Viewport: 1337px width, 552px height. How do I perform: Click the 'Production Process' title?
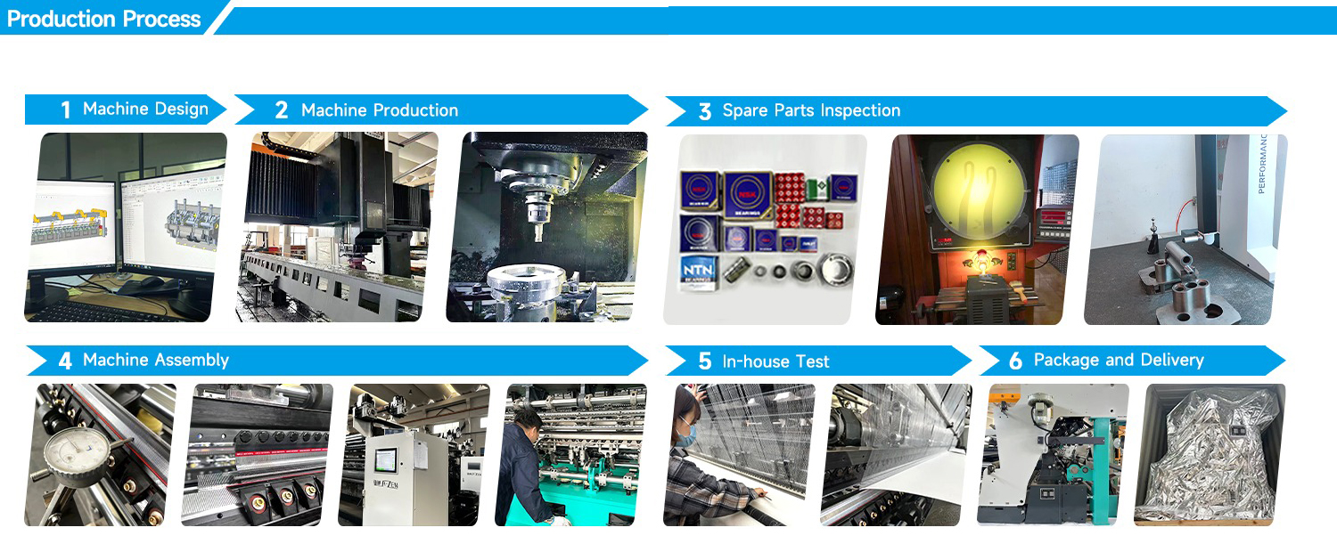pyautogui.click(x=103, y=19)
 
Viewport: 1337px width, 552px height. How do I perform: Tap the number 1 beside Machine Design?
pyautogui.click(x=65, y=110)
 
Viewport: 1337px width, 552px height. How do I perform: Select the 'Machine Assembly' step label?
pyautogui.click(x=156, y=361)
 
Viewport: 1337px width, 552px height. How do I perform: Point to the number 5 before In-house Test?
pyautogui.click(x=705, y=361)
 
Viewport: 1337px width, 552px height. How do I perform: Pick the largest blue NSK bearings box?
pyautogui.click(x=747, y=194)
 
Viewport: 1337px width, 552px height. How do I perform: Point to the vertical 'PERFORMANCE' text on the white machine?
pyautogui.click(x=1262, y=164)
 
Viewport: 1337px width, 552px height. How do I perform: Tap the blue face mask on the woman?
pyautogui.click(x=685, y=434)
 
